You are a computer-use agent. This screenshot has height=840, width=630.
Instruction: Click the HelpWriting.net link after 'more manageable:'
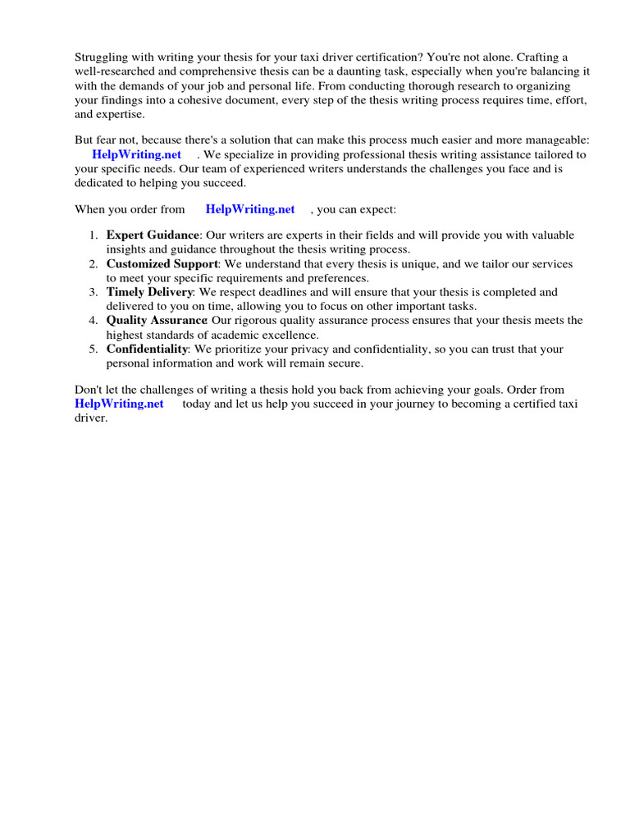pos(136,155)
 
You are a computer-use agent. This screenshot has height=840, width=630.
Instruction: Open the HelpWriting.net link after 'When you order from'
pos(249,209)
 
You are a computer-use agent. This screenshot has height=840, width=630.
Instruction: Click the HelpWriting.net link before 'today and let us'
pos(119,404)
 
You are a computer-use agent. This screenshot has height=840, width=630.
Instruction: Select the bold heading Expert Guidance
pos(153,235)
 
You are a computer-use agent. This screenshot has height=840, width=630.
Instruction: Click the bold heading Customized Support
pos(162,264)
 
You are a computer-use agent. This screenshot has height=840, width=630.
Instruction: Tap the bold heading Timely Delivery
pos(149,292)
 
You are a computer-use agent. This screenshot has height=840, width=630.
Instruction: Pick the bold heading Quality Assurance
pos(157,321)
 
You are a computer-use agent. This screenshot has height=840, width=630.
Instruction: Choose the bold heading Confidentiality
pos(147,349)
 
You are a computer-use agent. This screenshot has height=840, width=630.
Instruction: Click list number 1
pos(93,235)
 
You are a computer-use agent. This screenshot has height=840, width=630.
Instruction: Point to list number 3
pos(93,292)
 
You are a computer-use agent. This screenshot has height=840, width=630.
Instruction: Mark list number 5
pos(93,349)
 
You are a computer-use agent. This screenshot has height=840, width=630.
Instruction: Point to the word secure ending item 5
pos(345,363)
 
